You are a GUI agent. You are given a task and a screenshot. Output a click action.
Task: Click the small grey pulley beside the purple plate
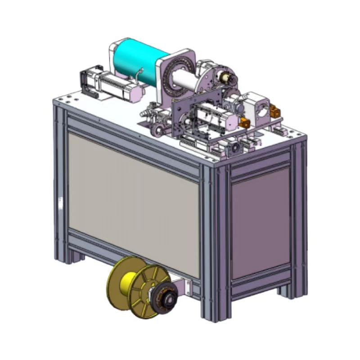[158, 131]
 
